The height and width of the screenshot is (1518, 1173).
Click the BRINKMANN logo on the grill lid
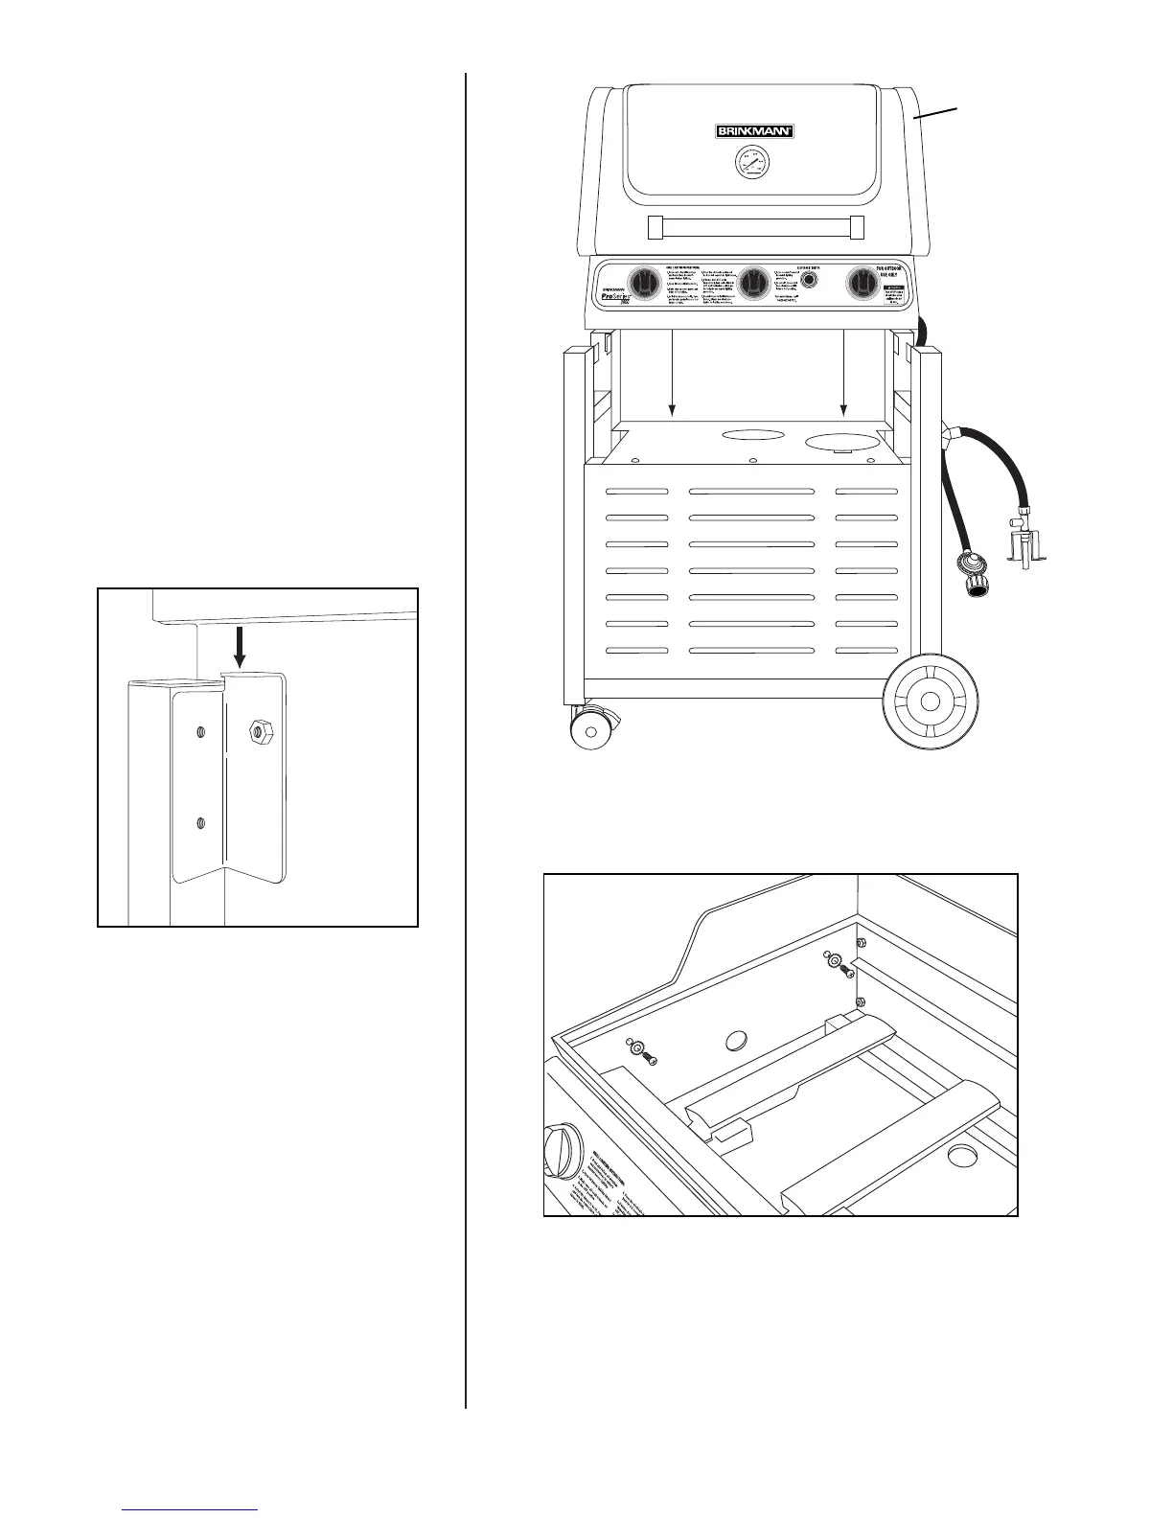click(x=755, y=132)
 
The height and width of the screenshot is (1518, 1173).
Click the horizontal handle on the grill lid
click(x=756, y=227)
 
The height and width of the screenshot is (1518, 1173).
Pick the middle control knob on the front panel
click(x=756, y=283)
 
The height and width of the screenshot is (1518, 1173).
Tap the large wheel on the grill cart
click(x=929, y=701)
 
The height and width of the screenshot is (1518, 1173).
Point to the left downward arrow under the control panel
click(x=672, y=374)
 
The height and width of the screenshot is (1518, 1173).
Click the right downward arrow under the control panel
click(x=843, y=374)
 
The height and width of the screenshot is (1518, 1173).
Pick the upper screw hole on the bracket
click(x=199, y=733)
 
